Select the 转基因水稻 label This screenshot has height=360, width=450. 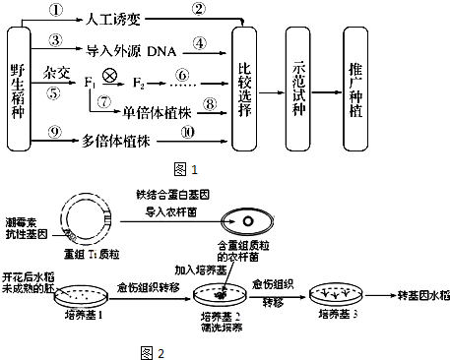pos(416,293)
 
